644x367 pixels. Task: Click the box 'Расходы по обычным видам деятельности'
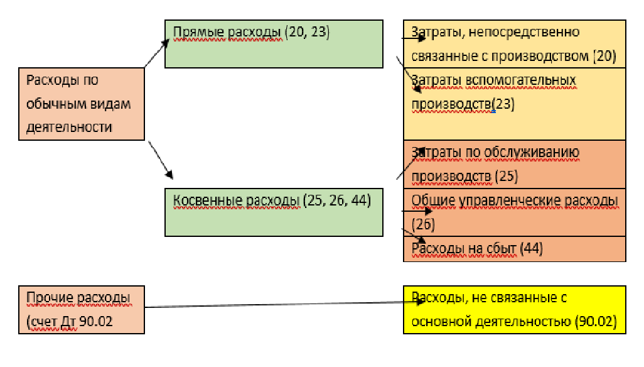(x=82, y=104)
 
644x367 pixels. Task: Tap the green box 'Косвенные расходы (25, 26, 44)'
(x=274, y=212)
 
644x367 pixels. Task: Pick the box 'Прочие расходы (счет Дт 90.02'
(x=82, y=309)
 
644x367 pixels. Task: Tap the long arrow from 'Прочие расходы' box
(x=282, y=305)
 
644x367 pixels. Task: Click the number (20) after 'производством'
(x=604, y=56)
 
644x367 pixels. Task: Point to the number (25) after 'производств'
(x=506, y=176)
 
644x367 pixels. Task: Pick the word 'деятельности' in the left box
(x=70, y=127)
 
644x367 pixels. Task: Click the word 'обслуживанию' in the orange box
(x=536, y=153)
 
